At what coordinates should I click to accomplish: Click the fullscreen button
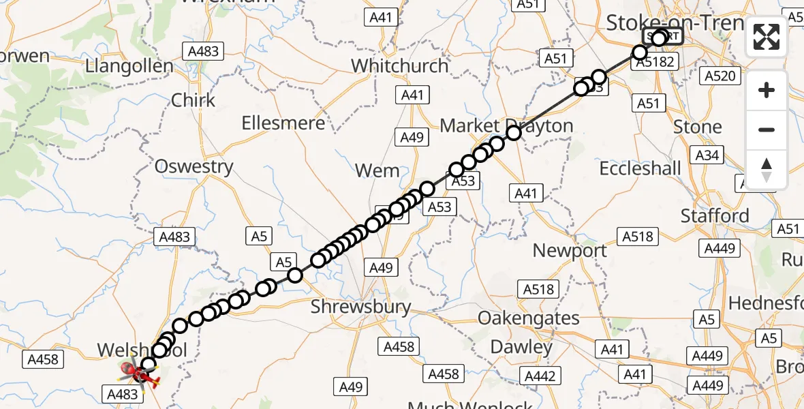767,37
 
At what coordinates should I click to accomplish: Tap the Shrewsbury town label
360,307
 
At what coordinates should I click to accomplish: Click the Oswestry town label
194,166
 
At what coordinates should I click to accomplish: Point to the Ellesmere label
283,123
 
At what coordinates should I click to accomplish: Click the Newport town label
570,250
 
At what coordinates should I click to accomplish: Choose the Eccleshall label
640,168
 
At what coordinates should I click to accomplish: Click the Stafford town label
715,216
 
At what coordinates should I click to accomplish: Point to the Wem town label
377,170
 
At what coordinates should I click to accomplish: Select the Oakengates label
529,318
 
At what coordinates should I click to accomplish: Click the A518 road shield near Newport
637,237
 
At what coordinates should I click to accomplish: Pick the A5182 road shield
655,63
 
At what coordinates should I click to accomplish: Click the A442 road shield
540,376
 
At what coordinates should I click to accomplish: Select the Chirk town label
193,100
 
